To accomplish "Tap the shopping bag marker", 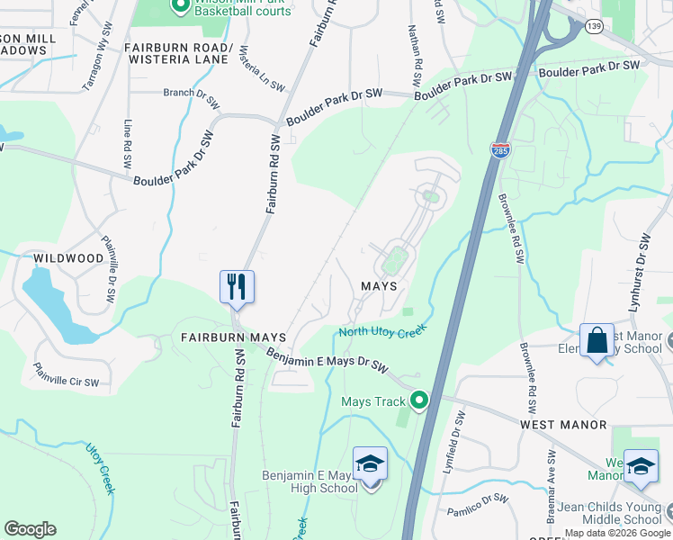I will pos(597,341).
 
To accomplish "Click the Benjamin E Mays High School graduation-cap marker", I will pos(370,465).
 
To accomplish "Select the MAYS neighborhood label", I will pos(379,284).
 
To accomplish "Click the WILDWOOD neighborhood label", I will pos(68,258).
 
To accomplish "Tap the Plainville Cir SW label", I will pos(66,375).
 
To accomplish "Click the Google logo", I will pos(30,529).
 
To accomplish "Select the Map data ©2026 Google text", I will pos(617,534).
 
